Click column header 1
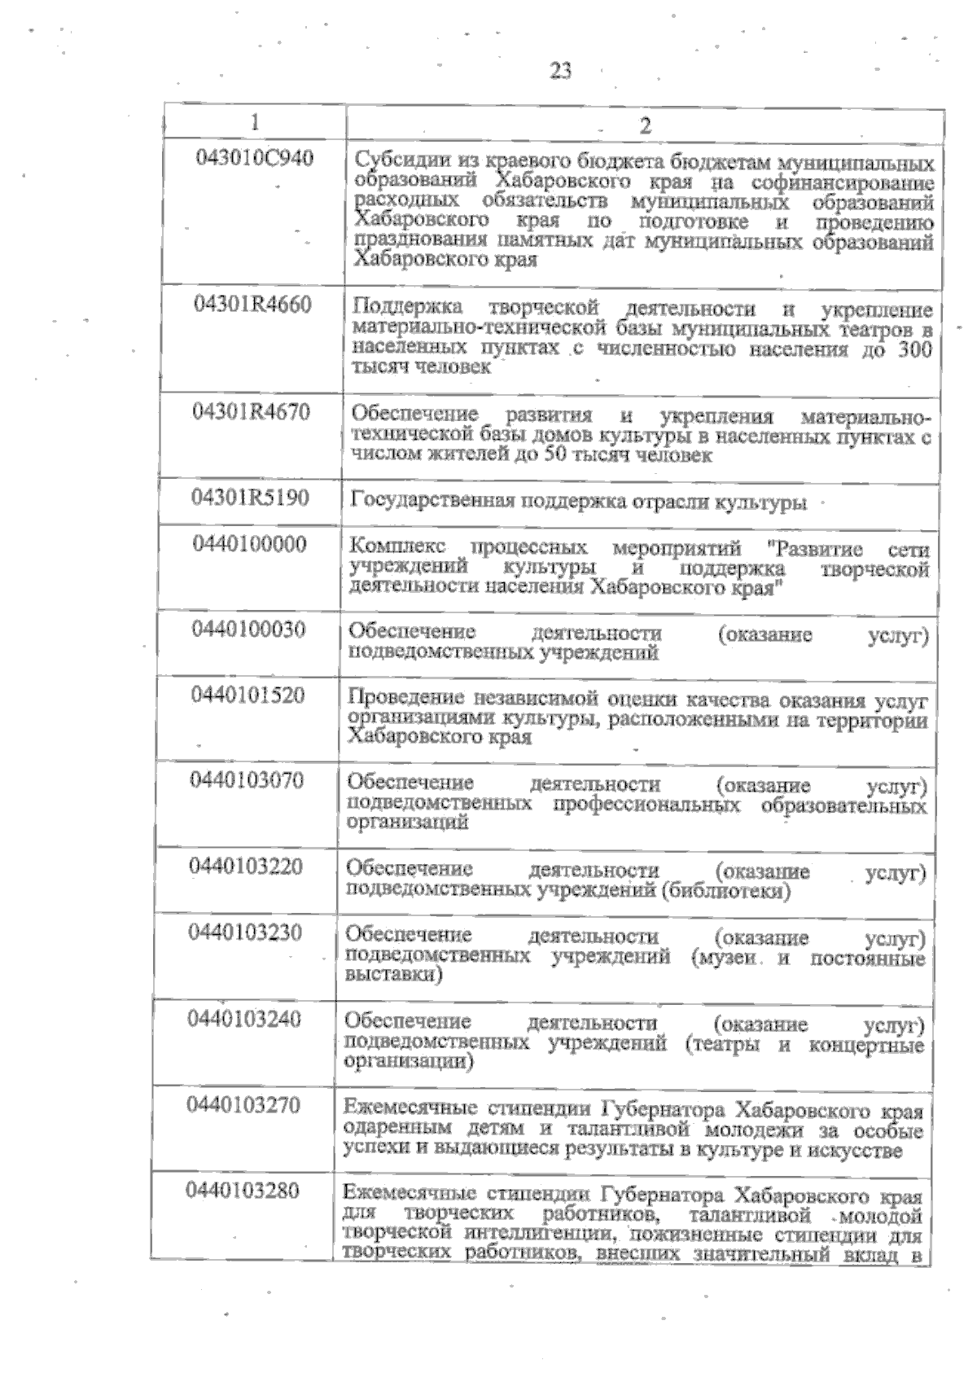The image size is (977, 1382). pyautogui.click(x=255, y=122)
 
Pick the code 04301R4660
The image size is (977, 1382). pyautogui.click(x=252, y=305)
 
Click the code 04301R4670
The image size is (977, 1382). pyautogui.click(x=252, y=412)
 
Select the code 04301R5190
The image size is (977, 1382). pyautogui.click(x=251, y=497)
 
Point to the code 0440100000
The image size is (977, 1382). pyautogui.click(x=250, y=543)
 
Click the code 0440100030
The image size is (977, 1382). pyautogui.click(x=249, y=630)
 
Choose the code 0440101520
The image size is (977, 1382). pyautogui.click(x=248, y=695)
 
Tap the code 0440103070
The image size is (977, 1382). pyautogui.click(x=248, y=780)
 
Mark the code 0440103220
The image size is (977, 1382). pyautogui.click(x=247, y=866)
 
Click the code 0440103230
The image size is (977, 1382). pyautogui.click(x=246, y=932)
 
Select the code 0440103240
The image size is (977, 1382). pyautogui.click(x=245, y=1019)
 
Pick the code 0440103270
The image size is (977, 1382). pyautogui.click(x=244, y=1105)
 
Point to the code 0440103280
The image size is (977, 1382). pyautogui.click(x=243, y=1191)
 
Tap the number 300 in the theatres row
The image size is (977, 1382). pyautogui.click(x=913, y=350)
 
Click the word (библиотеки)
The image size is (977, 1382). pyautogui.click(x=728, y=892)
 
